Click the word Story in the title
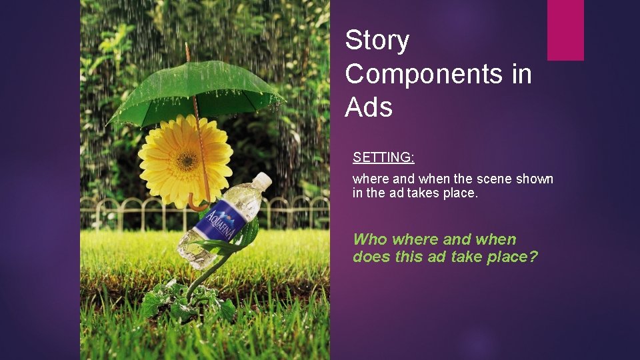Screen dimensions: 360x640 [377, 41]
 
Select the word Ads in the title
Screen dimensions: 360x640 [369, 107]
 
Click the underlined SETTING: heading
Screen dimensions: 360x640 [383, 157]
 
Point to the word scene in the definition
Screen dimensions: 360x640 [495, 179]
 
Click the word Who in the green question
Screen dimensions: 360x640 [370, 239]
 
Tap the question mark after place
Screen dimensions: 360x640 [533, 257]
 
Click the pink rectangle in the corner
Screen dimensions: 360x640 [565, 30]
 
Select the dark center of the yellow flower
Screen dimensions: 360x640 [186, 160]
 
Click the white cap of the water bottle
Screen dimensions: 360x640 [262, 180]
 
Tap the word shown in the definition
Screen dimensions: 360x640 [535, 179]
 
